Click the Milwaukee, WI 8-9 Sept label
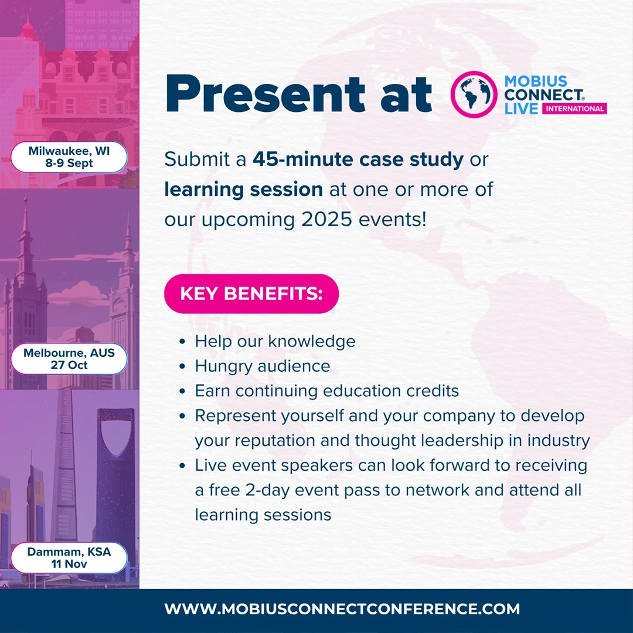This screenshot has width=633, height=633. (x=69, y=157)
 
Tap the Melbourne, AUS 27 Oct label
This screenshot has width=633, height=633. (x=69, y=359)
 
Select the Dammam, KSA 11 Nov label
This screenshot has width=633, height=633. (x=69, y=558)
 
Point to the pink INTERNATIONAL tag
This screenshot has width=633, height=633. (x=574, y=108)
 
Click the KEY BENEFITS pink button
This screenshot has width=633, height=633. (x=251, y=293)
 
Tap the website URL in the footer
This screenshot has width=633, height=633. (x=342, y=609)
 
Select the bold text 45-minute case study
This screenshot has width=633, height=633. (x=358, y=160)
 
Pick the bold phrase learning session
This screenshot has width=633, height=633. (x=243, y=189)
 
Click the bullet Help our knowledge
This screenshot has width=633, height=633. (x=275, y=341)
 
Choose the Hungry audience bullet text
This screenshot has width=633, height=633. (x=262, y=366)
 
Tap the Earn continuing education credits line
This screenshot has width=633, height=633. (x=326, y=391)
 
